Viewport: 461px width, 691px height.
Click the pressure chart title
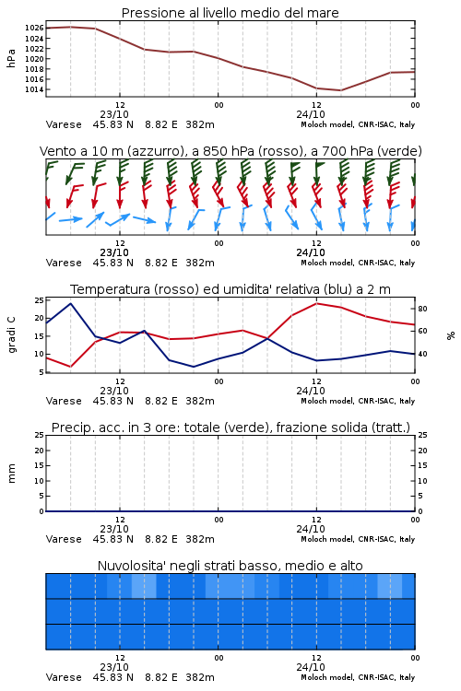230,13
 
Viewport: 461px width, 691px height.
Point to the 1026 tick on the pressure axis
34,28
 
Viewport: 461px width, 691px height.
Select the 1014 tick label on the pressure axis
34,89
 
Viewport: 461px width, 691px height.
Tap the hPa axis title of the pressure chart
11,58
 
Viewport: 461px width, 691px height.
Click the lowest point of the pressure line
340,90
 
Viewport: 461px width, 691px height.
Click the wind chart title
230,151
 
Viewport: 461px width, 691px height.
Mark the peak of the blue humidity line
71,303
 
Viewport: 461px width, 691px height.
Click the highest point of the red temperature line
317,303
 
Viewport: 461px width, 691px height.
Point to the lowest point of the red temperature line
71,367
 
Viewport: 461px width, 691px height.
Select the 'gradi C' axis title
11,334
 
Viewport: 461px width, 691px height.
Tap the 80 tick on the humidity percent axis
422,309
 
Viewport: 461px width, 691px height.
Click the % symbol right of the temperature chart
451,335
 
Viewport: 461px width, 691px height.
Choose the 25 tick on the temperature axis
40,300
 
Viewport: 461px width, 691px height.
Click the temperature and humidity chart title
230,289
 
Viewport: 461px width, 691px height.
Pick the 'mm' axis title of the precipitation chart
11,474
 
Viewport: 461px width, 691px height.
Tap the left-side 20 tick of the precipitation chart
40,451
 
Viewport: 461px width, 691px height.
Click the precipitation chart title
230,427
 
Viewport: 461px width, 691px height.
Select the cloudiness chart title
230,566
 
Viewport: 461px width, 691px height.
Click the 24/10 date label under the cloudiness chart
311,667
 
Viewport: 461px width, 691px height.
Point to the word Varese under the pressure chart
64,124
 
